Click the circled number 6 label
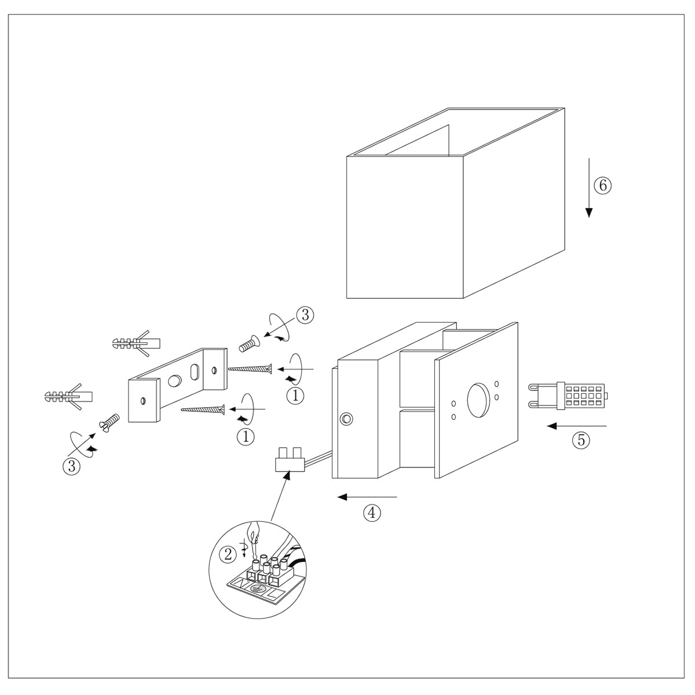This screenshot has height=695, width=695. (x=602, y=185)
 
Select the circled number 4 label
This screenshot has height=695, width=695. (x=372, y=512)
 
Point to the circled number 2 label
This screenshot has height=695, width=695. (x=229, y=554)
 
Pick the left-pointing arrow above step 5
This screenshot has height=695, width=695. (x=576, y=426)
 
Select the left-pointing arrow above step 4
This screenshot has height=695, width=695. (x=367, y=497)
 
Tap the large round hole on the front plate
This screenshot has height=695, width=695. (x=479, y=400)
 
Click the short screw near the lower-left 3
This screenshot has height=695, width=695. (x=109, y=422)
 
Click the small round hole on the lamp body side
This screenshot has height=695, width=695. (x=346, y=419)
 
